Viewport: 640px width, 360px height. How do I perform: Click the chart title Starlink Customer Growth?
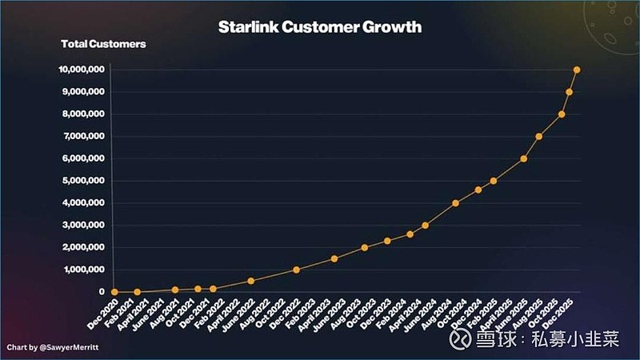pyautogui.click(x=320, y=27)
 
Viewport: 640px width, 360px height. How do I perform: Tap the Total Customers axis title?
pyautogui.click(x=103, y=44)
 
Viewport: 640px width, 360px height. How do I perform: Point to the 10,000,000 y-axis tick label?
pyautogui.click(x=80, y=70)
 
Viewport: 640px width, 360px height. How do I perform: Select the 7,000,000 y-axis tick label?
pyautogui.click(x=82, y=136)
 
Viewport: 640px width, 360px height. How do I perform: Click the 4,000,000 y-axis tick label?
pyautogui.click(x=82, y=203)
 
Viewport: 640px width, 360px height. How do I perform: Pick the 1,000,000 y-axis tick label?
pyautogui.click(x=82, y=270)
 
